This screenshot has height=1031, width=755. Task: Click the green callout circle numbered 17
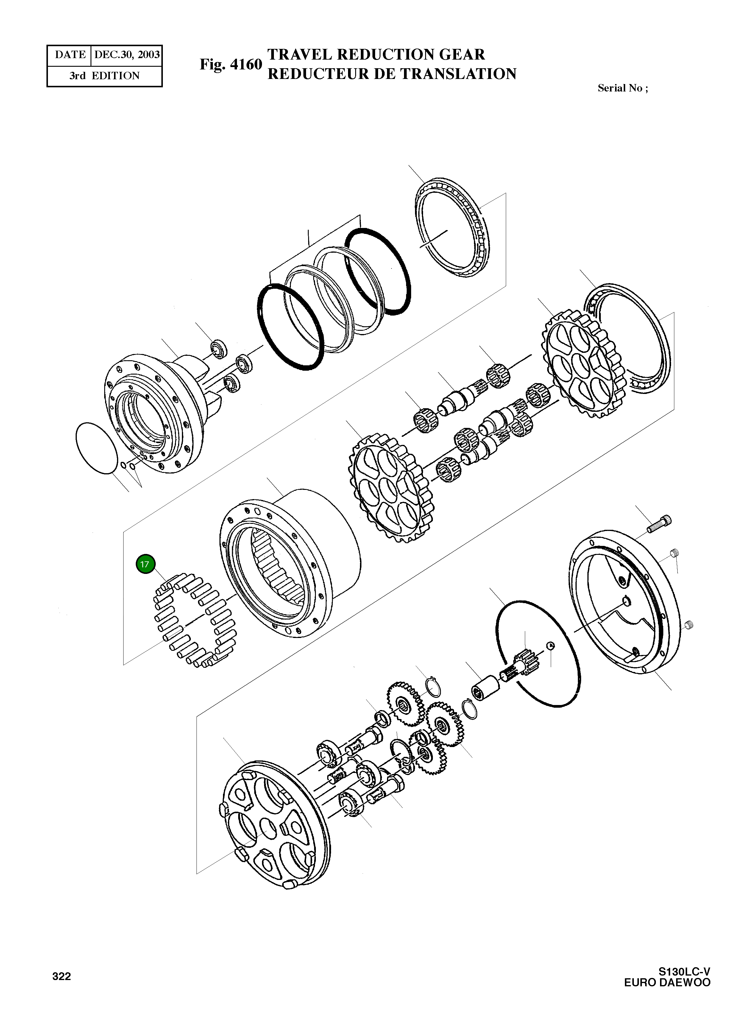(x=145, y=564)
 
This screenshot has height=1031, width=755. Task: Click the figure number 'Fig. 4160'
(x=231, y=64)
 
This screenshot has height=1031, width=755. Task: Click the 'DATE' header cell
(x=70, y=55)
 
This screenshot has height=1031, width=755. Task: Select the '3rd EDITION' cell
(x=105, y=76)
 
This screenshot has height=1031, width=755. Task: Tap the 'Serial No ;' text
(x=623, y=88)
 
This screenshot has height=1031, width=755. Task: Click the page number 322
(x=62, y=976)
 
